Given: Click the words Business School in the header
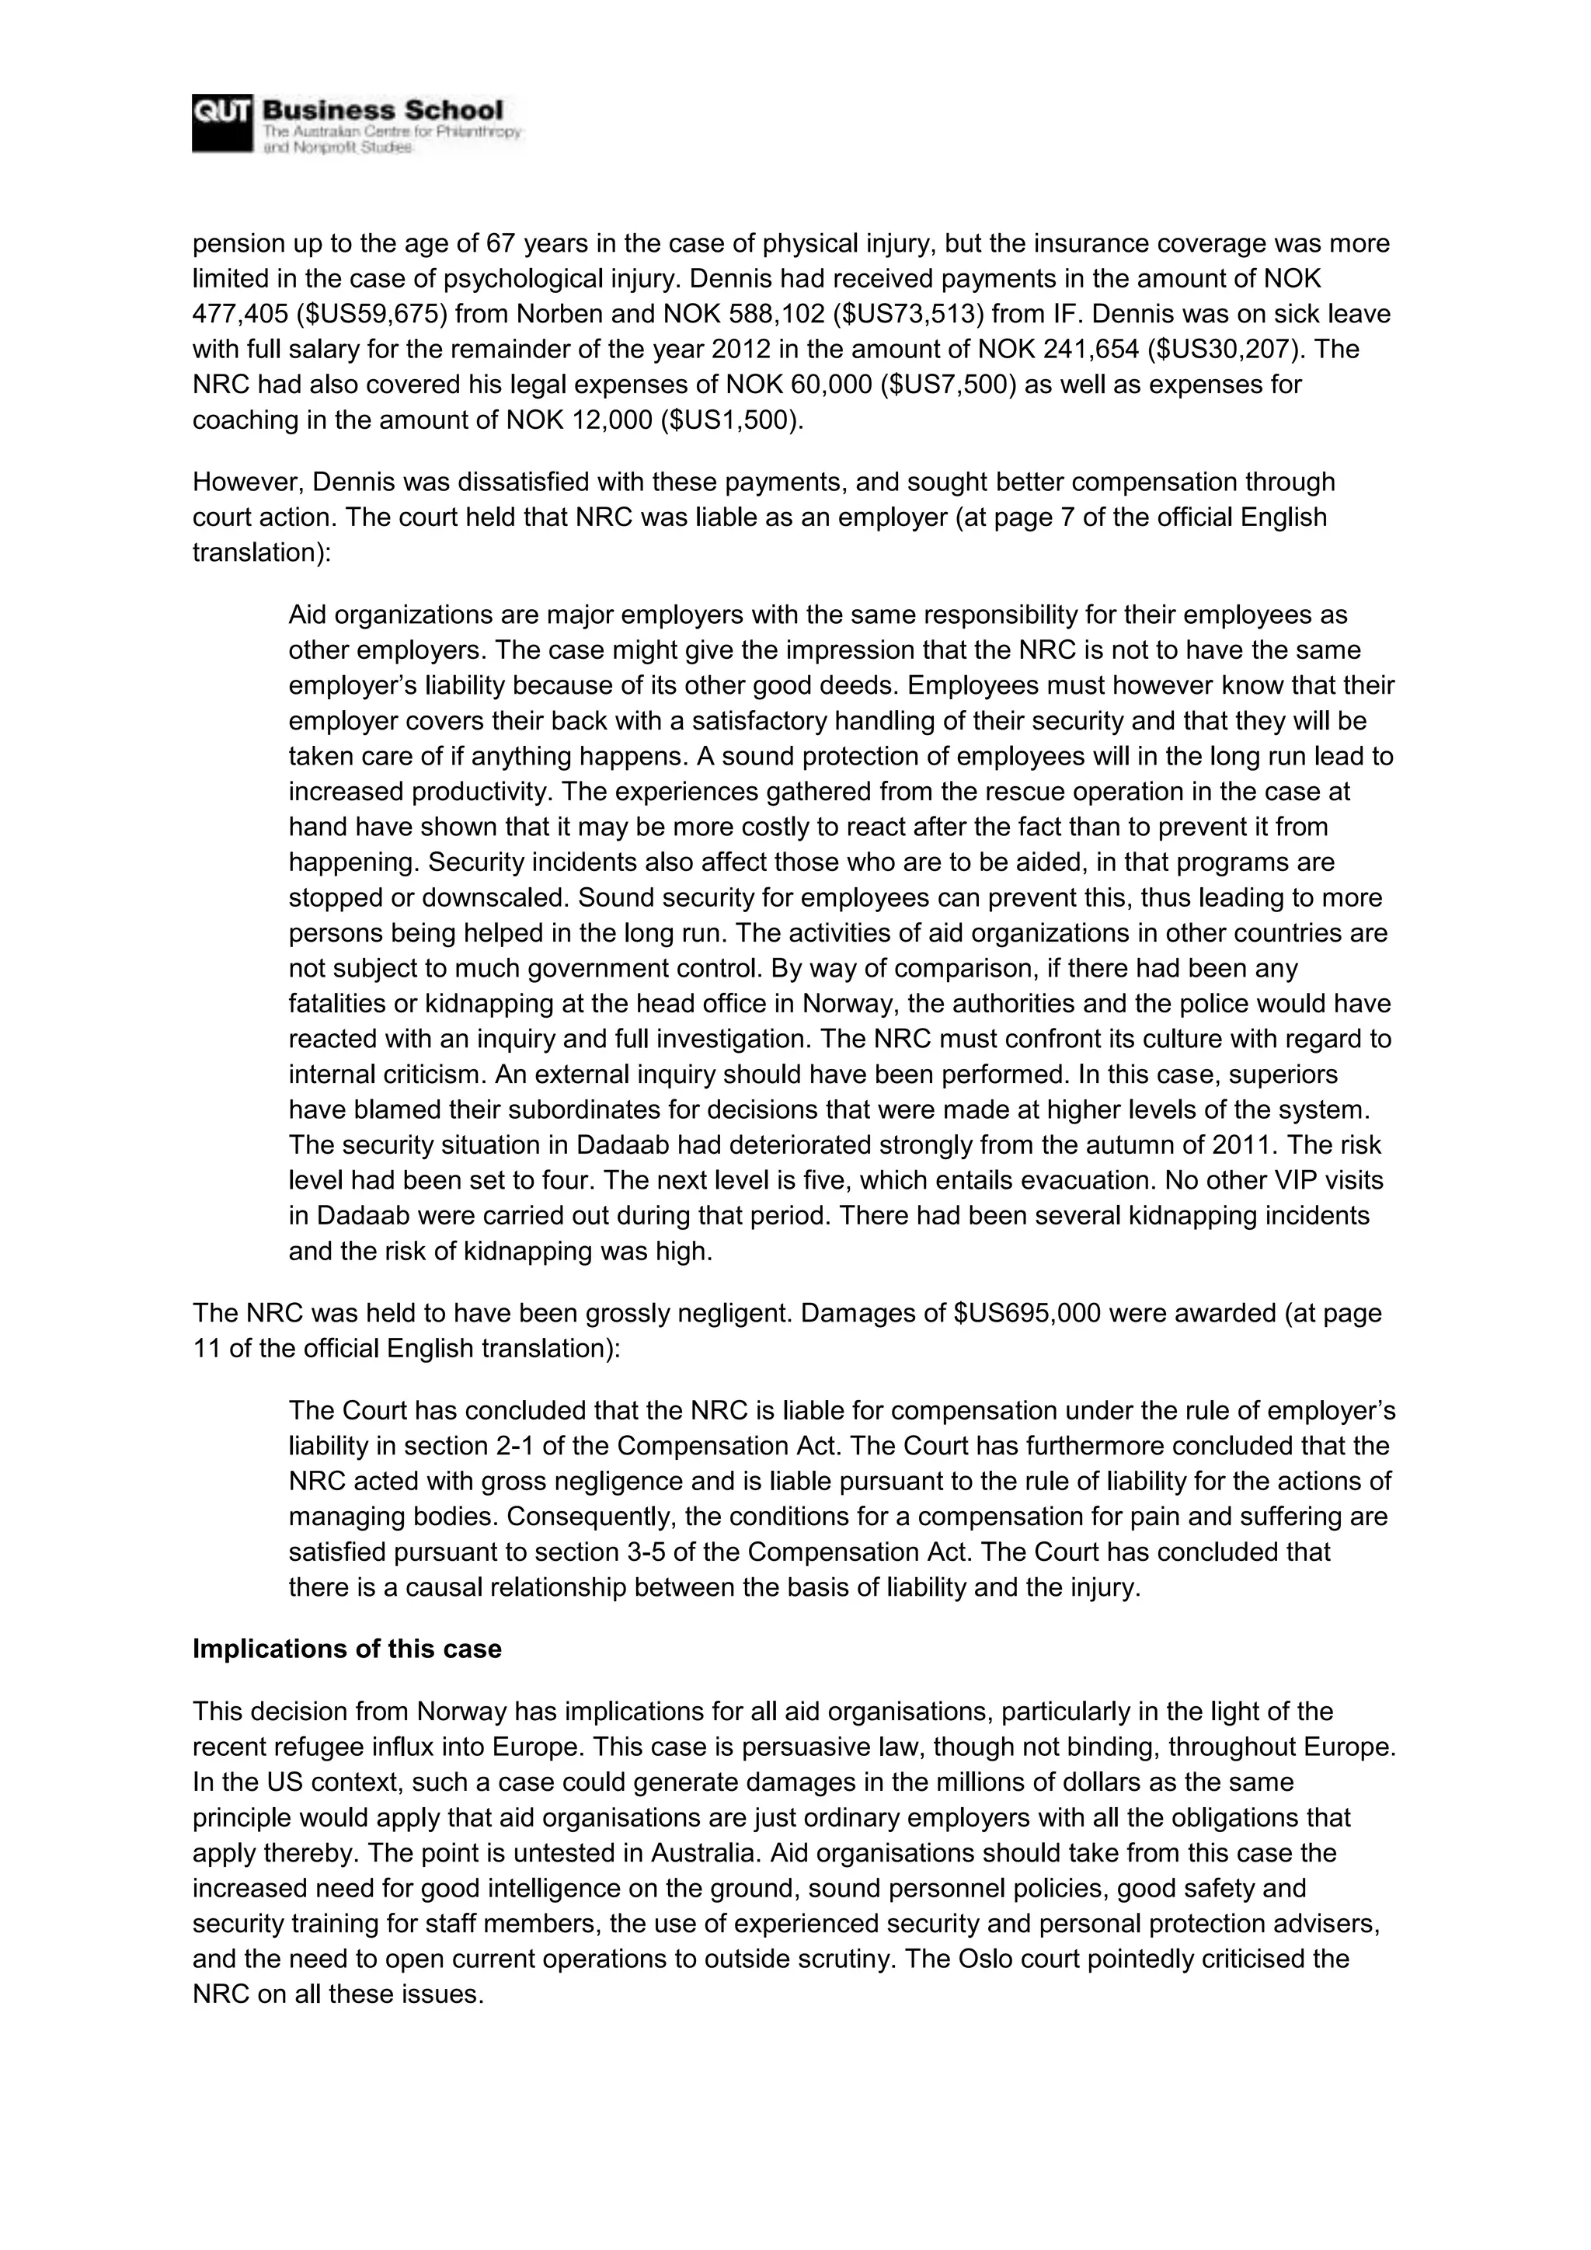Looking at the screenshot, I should pos(382,111).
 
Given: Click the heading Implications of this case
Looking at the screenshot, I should pos(346,1649).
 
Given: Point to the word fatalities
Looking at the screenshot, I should pos(337,1005).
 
